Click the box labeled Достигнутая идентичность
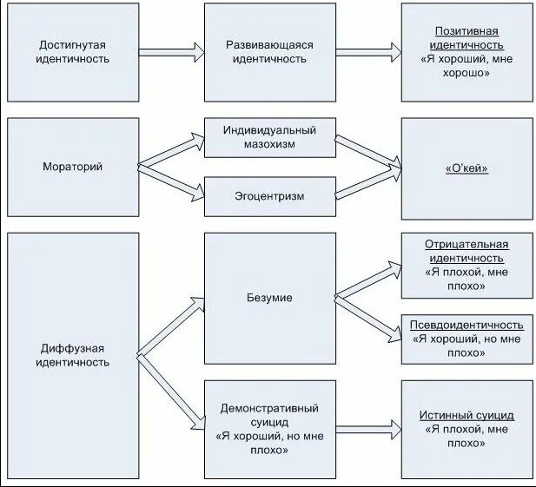(x=73, y=52)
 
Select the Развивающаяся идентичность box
(x=269, y=52)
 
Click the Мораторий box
(x=73, y=167)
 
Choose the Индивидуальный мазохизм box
(x=269, y=137)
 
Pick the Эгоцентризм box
(x=269, y=196)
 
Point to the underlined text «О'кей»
(x=467, y=168)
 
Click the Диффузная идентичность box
(x=73, y=355)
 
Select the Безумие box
(x=269, y=298)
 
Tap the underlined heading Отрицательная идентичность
(x=467, y=251)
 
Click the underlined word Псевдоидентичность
(x=467, y=326)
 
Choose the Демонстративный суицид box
(x=269, y=429)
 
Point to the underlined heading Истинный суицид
(x=467, y=416)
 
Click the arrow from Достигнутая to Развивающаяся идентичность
(x=171, y=52)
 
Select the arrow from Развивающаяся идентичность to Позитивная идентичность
(x=368, y=52)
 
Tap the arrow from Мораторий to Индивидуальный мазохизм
(x=171, y=148)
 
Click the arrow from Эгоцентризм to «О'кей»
(x=368, y=181)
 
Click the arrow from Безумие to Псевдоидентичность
(x=368, y=314)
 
